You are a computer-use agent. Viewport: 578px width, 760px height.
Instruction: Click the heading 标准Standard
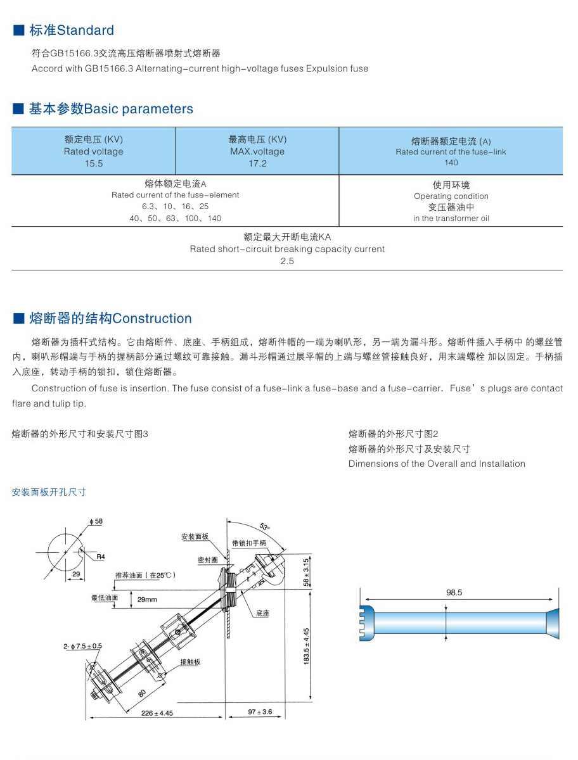(x=70, y=30)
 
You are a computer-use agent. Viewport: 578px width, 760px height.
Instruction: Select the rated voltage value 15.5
(x=93, y=163)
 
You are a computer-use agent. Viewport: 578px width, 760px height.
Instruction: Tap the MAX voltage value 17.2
(x=257, y=163)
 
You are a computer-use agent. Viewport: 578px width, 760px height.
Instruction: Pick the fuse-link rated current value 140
(x=451, y=163)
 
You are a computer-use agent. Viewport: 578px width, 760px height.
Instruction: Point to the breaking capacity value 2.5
(x=287, y=261)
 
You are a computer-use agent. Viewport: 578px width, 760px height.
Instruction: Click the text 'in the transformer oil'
(x=451, y=218)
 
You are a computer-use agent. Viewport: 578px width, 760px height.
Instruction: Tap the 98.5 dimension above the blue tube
(x=454, y=593)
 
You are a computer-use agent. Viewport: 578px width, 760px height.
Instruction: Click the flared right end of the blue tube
(x=553, y=623)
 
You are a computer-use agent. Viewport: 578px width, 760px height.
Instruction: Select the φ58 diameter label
(x=96, y=521)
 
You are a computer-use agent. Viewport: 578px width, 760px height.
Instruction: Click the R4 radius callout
(x=101, y=557)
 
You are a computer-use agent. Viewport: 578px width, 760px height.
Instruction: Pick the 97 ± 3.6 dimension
(x=259, y=712)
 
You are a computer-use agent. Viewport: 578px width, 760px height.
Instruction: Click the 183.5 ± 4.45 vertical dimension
(x=306, y=646)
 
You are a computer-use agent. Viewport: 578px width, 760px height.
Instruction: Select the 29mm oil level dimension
(x=147, y=599)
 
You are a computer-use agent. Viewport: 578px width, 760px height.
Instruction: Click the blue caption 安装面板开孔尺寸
(x=49, y=492)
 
